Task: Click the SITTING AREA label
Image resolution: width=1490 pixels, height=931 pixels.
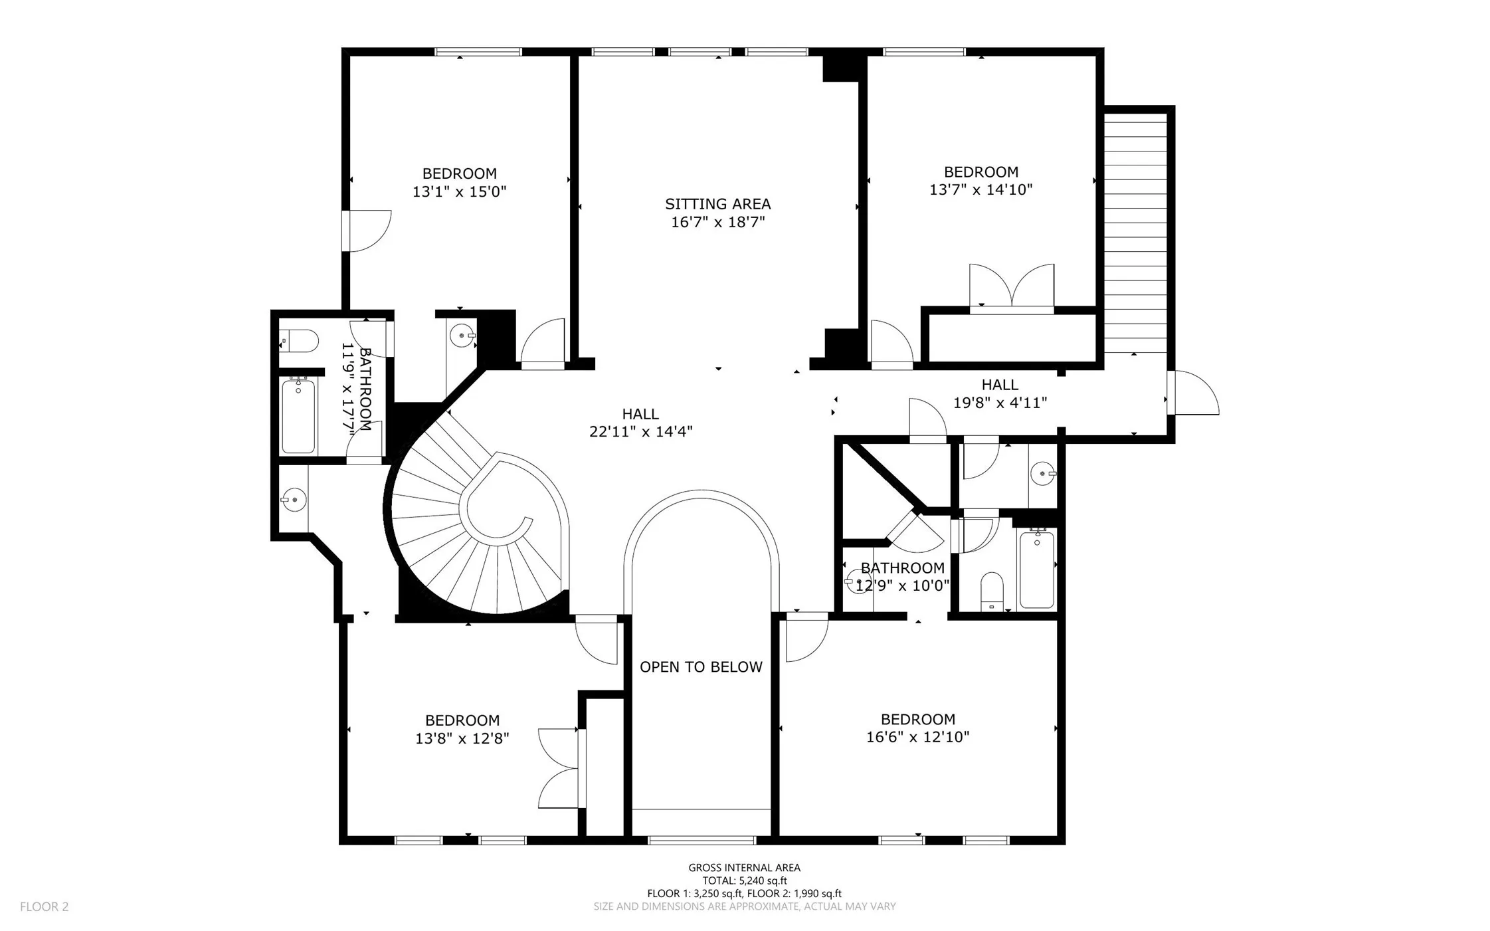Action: pos(717,204)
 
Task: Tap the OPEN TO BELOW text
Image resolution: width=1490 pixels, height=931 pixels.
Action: pos(701,667)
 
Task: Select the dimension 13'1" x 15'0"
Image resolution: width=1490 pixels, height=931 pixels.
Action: pos(459,192)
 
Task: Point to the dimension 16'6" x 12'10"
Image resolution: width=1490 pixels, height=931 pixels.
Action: pos(917,737)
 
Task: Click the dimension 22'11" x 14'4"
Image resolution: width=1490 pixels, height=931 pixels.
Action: pos(640,432)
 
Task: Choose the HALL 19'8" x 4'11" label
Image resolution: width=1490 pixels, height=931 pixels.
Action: pos(1000,393)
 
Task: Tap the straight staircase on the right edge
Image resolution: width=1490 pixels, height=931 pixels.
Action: pos(1135,233)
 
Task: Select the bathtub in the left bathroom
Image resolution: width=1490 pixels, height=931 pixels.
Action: pos(298,415)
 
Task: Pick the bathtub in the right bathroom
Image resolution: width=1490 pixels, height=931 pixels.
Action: pos(1036,569)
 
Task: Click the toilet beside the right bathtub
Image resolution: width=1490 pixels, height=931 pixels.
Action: pos(992,591)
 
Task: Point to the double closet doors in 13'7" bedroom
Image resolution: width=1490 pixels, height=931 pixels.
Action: pos(1011,288)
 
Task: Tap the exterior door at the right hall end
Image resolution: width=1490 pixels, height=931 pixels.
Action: pos(1193,393)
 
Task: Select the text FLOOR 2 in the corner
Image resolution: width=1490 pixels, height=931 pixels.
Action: pos(44,906)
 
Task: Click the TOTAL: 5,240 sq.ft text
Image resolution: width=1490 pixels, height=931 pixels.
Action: pos(744,880)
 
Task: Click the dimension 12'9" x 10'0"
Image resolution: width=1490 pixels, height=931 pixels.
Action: pos(902,586)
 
